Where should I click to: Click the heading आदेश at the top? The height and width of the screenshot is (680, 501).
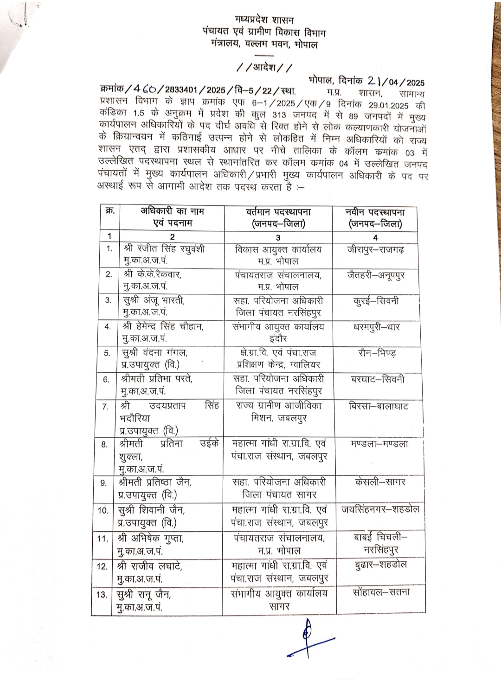click(264, 68)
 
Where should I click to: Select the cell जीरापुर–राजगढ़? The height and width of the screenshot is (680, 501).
click(375, 249)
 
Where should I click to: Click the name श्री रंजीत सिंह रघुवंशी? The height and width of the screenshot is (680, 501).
click(164, 249)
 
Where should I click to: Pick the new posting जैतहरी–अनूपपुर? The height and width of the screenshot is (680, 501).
click(376, 275)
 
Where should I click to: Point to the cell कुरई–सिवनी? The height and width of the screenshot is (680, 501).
click(376, 301)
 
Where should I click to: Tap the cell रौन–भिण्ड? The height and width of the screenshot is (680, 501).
click(377, 353)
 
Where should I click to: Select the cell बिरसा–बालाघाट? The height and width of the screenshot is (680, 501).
click(378, 407)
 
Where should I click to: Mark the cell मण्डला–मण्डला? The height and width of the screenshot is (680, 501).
click(379, 444)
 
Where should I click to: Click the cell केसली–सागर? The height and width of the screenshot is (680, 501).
click(380, 482)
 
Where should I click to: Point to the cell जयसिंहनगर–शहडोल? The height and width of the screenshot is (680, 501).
click(380, 509)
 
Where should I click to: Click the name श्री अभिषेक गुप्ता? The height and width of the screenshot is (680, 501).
click(151, 539)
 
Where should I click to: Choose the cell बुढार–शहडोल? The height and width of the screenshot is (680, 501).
click(380, 565)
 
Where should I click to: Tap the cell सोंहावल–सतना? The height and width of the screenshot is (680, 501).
click(381, 592)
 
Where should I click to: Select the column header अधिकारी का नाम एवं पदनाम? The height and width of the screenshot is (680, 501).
click(172, 217)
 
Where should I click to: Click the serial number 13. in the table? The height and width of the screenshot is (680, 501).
click(102, 595)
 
